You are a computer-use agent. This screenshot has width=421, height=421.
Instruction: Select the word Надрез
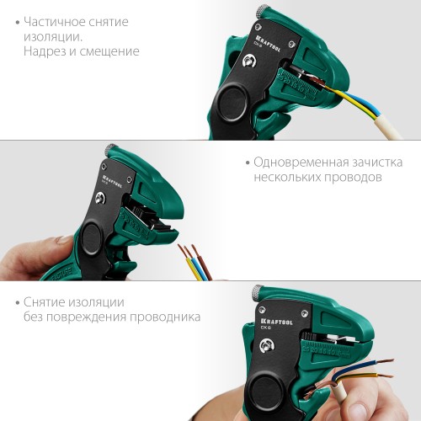point(49,51)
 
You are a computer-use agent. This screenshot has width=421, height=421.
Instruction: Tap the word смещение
point(109,51)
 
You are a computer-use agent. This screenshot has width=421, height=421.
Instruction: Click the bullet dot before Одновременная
point(244,162)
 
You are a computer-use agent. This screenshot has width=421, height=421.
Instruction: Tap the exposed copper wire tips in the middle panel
point(190,250)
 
